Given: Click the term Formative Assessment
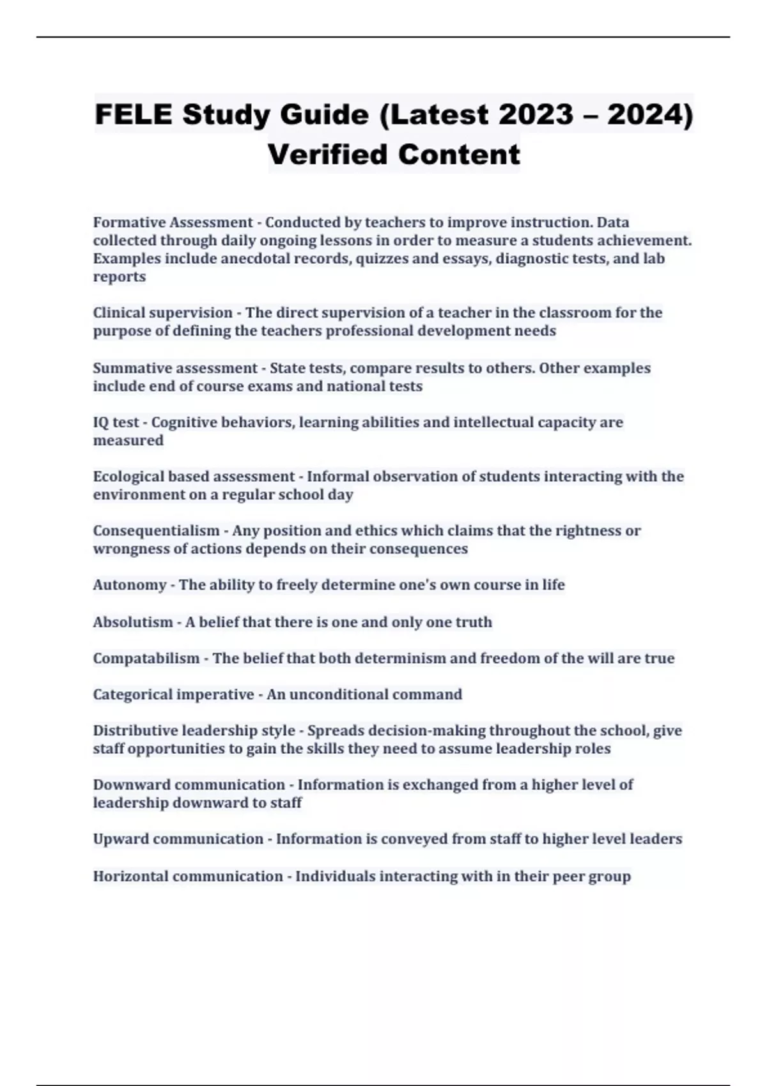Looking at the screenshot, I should pyautogui.click(x=173, y=222).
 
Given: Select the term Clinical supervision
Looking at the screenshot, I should pyautogui.click(x=163, y=312).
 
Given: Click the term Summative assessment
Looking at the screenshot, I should pyautogui.click(x=175, y=368).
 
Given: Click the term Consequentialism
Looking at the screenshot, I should pyautogui.click(x=156, y=531).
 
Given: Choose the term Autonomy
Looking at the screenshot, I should pyautogui.click(x=130, y=585).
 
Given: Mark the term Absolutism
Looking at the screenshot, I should pyautogui.click(x=133, y=622).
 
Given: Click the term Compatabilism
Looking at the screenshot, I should pyautogui.click(x=146, y=658).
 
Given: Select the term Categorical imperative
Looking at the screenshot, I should pyautogui.click(x=173, y=694).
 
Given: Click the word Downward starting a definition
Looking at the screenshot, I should pyautogui.click(x=131, y=784).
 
